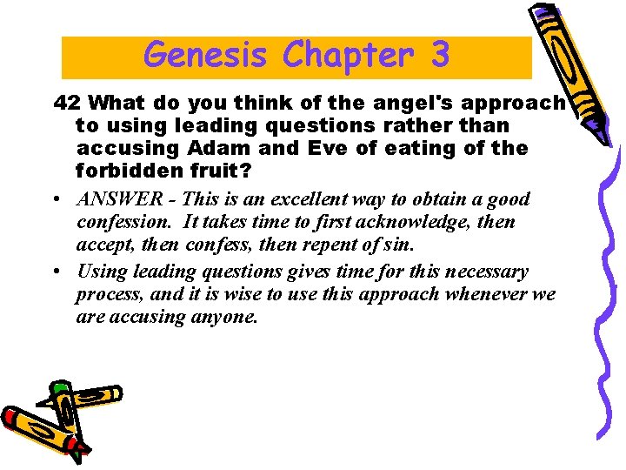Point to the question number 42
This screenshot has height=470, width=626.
[x=68, y=103]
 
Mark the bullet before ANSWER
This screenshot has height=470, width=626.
[x=56, y=199]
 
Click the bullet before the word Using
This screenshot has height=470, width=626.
[x=56, y=272]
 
